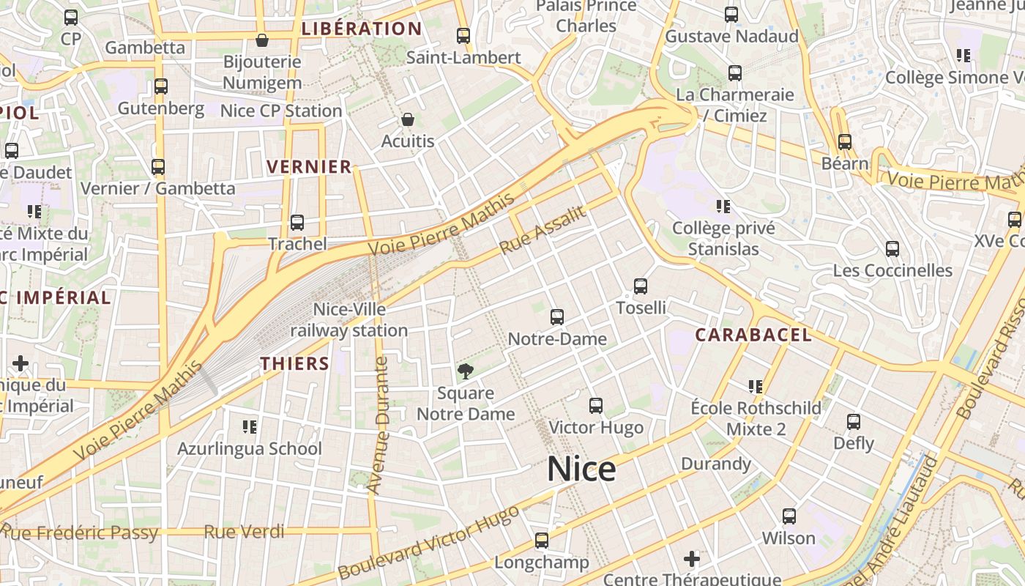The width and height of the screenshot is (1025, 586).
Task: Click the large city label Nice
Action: pos(581,469)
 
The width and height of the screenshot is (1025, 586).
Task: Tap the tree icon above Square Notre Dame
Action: pos(465,371)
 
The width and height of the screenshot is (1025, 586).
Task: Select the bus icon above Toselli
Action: pos(641,286)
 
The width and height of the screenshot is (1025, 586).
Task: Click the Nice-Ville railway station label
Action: pos(349,320)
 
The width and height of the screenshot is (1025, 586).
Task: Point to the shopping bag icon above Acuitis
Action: pos(408,119)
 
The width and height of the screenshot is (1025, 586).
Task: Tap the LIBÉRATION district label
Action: pos(362,29)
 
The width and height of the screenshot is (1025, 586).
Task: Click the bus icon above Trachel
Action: pos(297,222)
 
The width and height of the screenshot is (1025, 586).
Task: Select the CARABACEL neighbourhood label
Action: pos(753,335)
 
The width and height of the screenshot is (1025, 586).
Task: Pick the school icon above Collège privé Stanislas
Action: pos(723,207)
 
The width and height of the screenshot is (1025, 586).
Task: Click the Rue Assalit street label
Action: pos(543,230)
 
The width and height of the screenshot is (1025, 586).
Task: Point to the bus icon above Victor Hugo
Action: pos(596,405)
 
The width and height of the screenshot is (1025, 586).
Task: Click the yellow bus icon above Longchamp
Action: pos(541,541)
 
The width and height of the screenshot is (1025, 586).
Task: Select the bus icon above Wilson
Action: pos(789,516)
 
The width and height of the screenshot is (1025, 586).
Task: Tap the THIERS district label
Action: pos(294,363)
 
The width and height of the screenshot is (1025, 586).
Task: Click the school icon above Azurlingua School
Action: pos(249,426)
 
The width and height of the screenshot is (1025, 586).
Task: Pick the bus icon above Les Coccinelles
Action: pos(892,249)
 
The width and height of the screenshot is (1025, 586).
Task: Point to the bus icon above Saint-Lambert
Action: pos(463,35)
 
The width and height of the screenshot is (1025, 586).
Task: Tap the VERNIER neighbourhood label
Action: pos(309,167)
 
